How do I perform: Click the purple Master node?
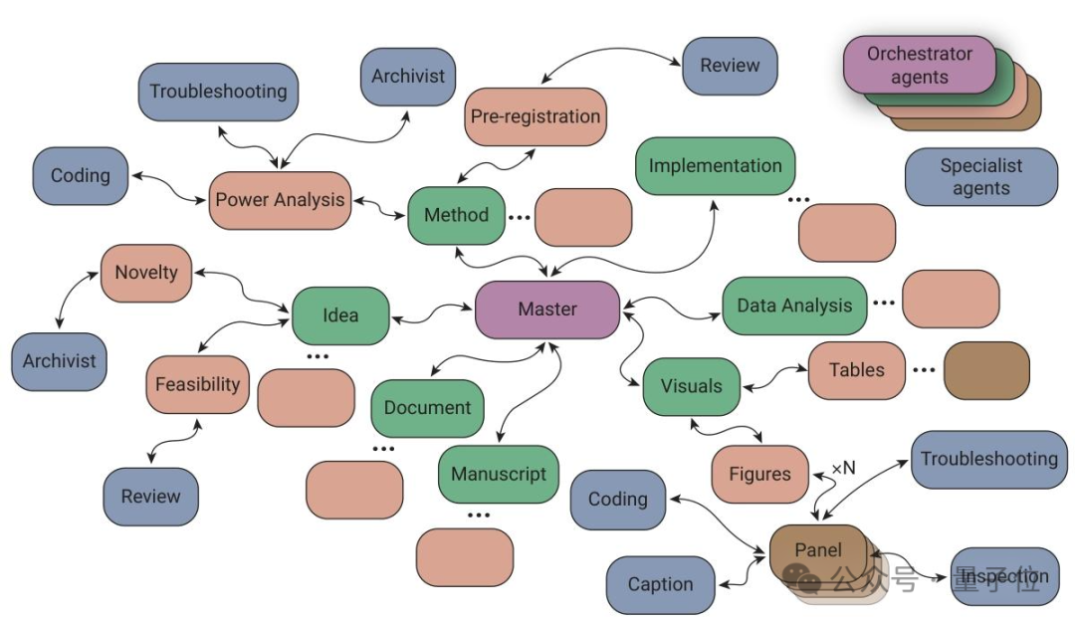click(547, 310)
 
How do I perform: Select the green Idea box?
click(340, 315)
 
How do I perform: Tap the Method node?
click(456, 215)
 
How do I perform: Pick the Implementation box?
click(715, 166)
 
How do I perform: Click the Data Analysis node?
click(794, 306)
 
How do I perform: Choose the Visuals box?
click(692, 386)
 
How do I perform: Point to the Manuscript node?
click(499, 474)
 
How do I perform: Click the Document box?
click(428, 407)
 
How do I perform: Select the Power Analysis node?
click(280, 200)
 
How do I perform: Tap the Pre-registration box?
click(536, 116)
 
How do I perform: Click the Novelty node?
click(146, 273)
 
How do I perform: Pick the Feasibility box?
click(197, 384)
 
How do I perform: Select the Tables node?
click(856, 370)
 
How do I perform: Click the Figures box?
click(759, 474)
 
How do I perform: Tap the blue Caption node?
click(660, 584)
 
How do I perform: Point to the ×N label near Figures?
click(842, 468)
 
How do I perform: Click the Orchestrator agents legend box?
click(920, 66)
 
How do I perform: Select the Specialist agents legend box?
click(980, 177)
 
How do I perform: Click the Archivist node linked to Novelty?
click(59, 361)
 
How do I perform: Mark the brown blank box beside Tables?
click(986, 370)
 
